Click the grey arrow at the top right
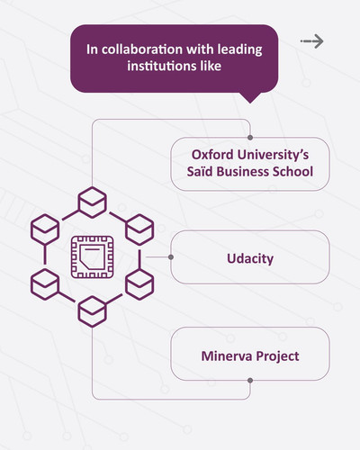point(312,41)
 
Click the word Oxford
point(212,155)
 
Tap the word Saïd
point(198,172)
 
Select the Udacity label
point(250,258)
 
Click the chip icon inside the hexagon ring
point(92,256)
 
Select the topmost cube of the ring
point(92,202)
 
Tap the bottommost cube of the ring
point(92,311)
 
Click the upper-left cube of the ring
point(45,229)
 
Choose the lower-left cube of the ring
point(45,284)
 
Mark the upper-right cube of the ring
point(139,229)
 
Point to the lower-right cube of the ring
point(139,284)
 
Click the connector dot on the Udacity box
point(171,257)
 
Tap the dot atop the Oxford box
point(250,138)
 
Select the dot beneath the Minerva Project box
point(250,381)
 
